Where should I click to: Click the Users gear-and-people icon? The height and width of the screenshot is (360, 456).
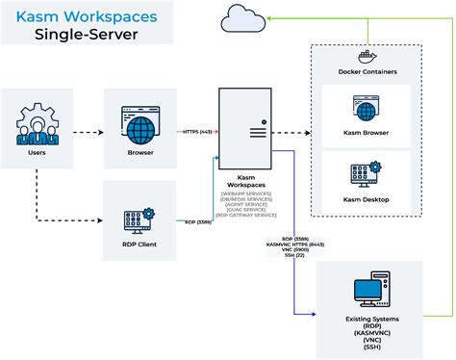(35, 121)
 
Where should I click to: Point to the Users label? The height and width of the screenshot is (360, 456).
(35, 152)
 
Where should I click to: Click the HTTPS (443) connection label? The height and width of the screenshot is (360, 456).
(197, 132)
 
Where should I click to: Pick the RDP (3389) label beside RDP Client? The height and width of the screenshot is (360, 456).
(197, 221)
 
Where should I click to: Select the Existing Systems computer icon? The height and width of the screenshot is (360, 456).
(370, 292)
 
